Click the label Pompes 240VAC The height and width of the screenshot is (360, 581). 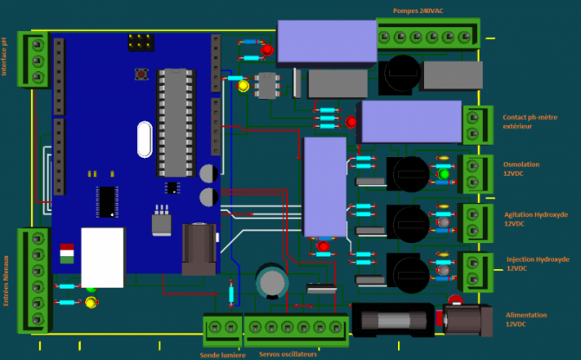tap(423, 10)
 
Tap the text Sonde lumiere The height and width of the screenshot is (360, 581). tap(222, 354)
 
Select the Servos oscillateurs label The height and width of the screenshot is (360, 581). tap(287, 354)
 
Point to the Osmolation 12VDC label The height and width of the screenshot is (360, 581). tap(520, 167)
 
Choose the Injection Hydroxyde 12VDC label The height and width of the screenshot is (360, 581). tap(537, 263)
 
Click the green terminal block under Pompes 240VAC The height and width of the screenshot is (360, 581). tap(428, 36)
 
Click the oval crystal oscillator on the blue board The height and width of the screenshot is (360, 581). tap(144, 136)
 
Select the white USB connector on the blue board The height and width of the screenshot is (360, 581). tap(102, 256)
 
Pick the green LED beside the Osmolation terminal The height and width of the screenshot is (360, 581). tap(445, 174)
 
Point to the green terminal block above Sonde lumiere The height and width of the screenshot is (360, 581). tap(222, 327)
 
